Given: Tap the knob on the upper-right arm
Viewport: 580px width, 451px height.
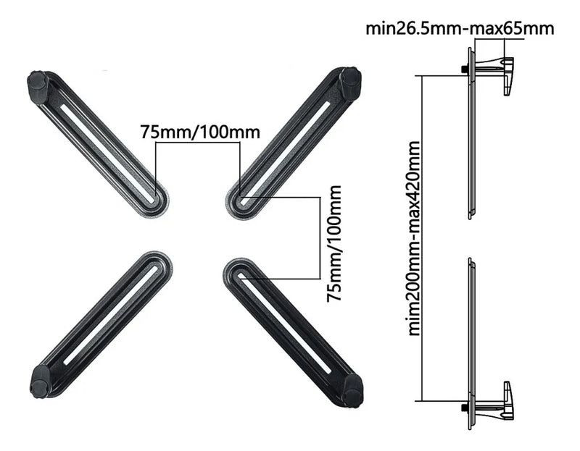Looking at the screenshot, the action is point(350,82).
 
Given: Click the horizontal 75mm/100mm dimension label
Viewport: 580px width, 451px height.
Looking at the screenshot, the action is point(200,132).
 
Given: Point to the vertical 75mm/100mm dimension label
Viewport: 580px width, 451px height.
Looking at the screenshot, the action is point(333,243).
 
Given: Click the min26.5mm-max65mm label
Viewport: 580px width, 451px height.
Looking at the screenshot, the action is point(460,28).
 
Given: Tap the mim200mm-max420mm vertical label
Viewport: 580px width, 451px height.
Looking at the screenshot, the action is point(414,238).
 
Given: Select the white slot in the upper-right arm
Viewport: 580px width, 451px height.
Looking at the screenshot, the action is point(284,153).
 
